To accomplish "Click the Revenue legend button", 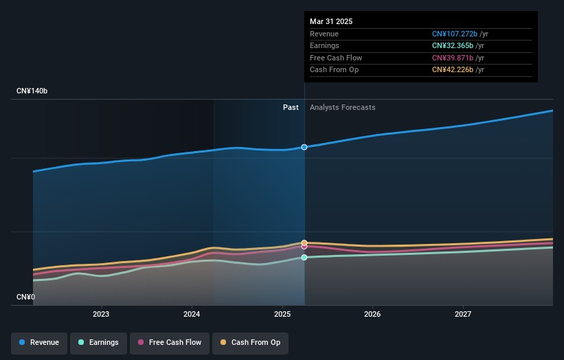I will coord(39,342).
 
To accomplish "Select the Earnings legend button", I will coord(98,342).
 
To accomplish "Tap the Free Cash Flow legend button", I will coord(169,342).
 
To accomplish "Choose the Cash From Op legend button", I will coord(251,342).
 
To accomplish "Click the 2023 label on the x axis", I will coord(101,315).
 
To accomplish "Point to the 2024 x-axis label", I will coord(192,315).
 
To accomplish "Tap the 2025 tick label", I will coord(282,315).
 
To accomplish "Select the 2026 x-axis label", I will coord(372,315).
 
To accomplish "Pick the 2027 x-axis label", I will coord(463,315).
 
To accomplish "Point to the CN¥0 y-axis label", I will coord(25,297).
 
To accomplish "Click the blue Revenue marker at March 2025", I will coord(304,147).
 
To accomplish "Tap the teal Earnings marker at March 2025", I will coord(304,258).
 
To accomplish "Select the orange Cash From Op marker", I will coord(304,243).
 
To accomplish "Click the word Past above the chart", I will coord(291,108).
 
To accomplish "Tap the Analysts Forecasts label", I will coord(343,108).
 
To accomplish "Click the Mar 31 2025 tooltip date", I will coord(331,21).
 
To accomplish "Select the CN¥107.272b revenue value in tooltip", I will coord(453,34).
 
